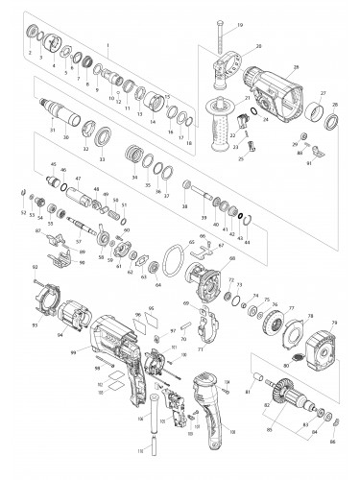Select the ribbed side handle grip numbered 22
(229, 126)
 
